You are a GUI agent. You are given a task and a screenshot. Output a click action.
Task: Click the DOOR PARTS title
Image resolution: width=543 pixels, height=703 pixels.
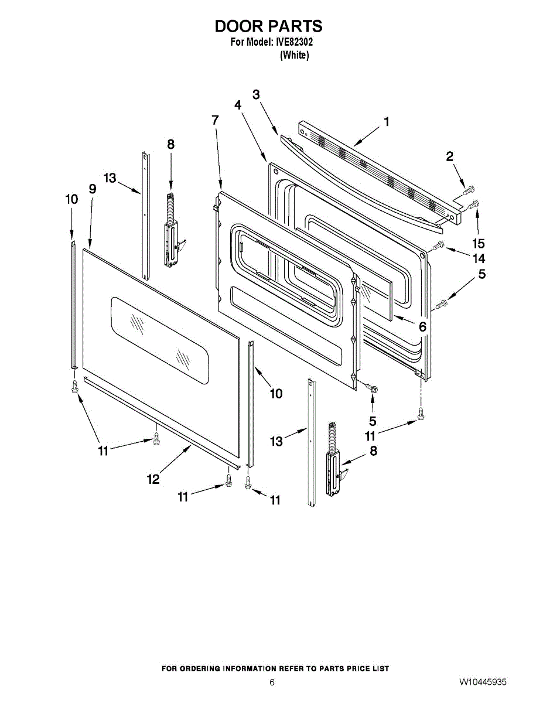coord(268,26)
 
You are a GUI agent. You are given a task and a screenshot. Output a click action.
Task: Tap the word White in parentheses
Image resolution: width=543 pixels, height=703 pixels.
coord(294,55)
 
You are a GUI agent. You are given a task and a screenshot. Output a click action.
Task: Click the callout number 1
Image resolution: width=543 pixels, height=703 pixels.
coord(387,121)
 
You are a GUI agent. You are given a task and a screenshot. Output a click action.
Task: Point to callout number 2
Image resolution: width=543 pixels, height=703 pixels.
coord(449,156)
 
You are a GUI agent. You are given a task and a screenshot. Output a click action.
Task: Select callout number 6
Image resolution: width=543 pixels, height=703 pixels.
coord(422,327)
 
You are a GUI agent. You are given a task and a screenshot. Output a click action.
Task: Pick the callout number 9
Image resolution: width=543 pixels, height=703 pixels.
coord(92,189)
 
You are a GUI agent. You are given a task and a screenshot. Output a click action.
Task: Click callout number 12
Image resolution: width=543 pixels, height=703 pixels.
coord(153,479)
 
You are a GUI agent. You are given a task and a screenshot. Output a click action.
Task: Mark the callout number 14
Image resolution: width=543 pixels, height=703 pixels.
coord(479,258)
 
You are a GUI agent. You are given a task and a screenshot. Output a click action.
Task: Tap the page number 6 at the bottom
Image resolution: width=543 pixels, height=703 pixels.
coord(272,682)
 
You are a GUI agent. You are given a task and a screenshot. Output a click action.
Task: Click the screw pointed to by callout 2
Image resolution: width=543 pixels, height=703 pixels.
coord(469,189)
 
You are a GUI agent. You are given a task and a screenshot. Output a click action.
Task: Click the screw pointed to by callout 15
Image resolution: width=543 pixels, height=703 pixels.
coord(474,204)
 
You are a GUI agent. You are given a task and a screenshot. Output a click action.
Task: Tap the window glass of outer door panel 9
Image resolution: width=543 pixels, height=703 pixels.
coord(160,340)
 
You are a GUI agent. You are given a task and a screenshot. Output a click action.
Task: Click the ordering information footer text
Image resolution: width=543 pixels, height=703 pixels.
coord(275,668)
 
